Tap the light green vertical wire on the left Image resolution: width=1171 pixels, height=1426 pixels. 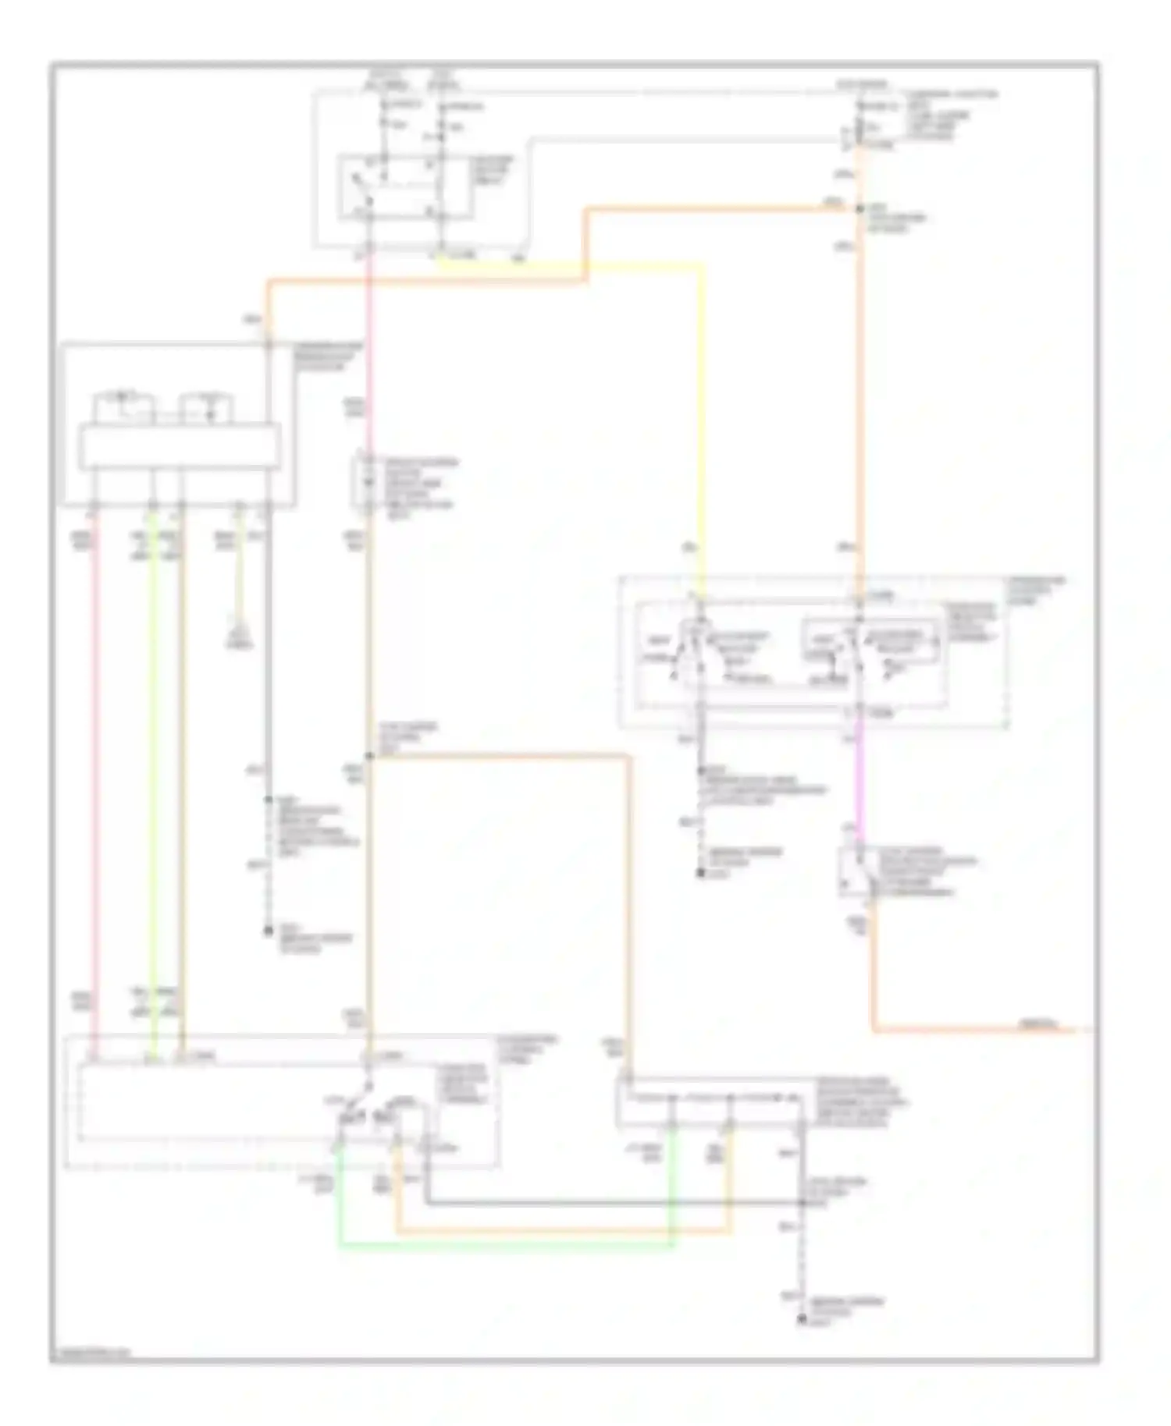154,780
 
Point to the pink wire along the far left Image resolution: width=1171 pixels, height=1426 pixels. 96,780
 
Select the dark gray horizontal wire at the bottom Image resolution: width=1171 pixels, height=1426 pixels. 609,1204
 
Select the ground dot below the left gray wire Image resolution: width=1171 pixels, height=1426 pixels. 268,931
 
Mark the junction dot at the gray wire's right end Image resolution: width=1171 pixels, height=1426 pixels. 801,1204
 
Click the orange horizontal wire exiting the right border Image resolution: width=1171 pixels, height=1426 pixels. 976,1031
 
